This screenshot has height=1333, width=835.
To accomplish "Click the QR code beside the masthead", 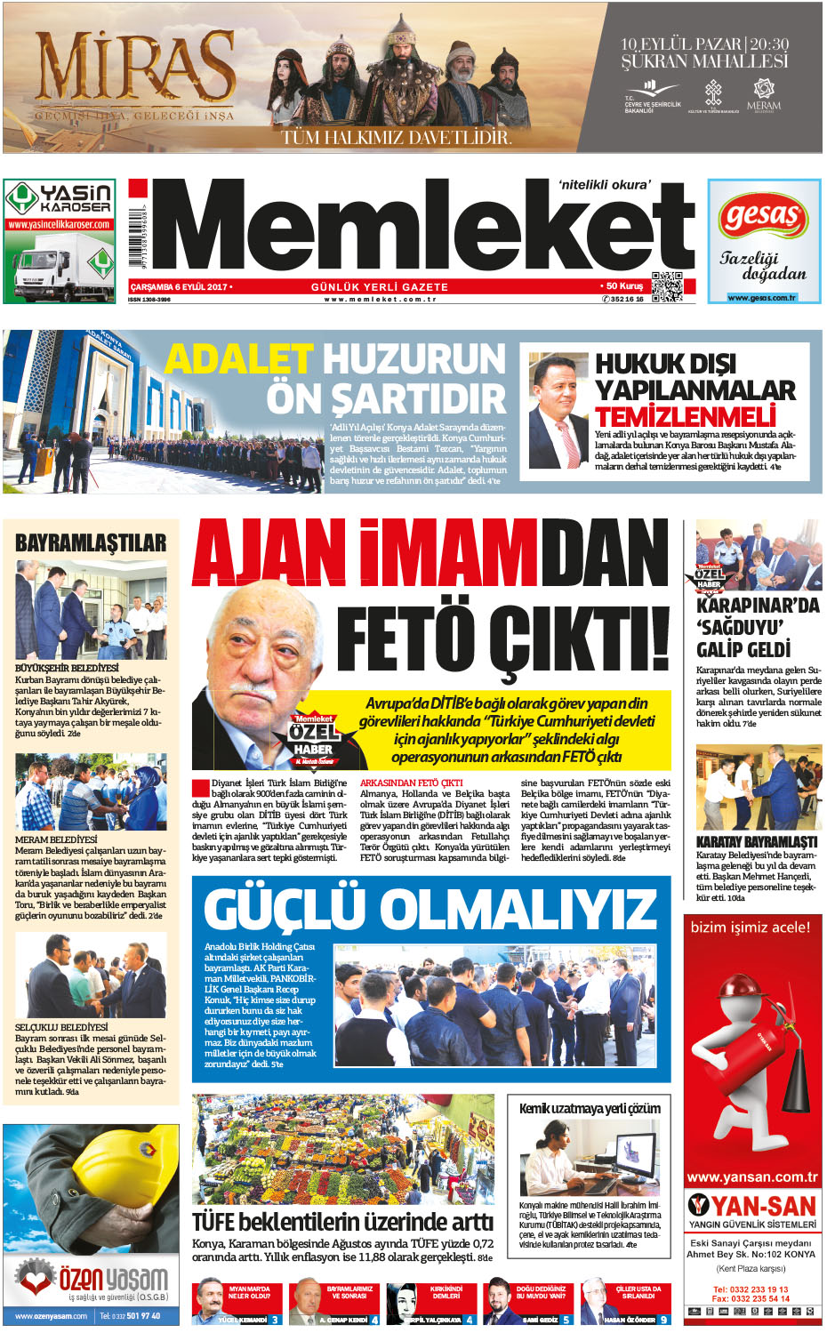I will (667, 286).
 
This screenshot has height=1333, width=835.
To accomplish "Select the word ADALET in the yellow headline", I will (239, 359).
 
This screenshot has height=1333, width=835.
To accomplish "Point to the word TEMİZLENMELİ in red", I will (685, 416).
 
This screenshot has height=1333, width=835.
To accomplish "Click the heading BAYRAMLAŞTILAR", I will (91, 542).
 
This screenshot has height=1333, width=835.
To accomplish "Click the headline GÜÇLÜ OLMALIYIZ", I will (430, 909).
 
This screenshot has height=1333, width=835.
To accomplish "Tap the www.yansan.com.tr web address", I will (752, 1177).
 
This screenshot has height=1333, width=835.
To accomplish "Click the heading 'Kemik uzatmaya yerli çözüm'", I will (590, 1108).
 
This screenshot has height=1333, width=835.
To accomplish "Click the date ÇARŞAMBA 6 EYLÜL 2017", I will (180, 287).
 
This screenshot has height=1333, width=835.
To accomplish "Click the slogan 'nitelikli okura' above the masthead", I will (605, 185).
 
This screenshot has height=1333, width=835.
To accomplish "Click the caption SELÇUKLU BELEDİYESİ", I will (61, 1027).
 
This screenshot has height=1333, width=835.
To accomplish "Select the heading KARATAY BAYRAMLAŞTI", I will (757, 841).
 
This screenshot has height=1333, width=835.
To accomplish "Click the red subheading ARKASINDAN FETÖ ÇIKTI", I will (411, 783).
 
